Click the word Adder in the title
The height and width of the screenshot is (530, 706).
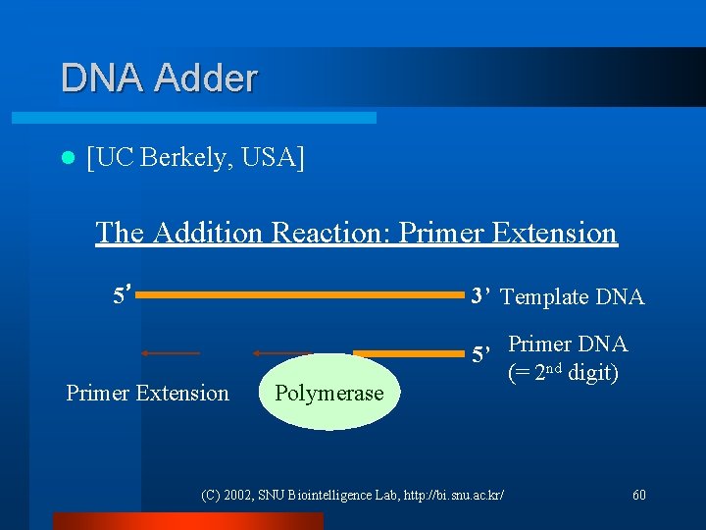[x=207, y=78]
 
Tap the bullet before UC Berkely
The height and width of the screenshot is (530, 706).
[x=66, y=157]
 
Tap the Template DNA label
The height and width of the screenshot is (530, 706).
[x=573, y=296]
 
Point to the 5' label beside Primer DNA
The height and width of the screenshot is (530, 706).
[x=482, y=354]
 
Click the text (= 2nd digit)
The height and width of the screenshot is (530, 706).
[x=563, y=374]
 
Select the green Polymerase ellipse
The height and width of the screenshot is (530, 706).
[x=328, y=393]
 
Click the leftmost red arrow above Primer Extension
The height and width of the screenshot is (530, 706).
[x=171, y=352]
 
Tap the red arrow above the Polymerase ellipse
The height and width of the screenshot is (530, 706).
[x=281, y=352]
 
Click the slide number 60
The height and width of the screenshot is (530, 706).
[x=639, y=495]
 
